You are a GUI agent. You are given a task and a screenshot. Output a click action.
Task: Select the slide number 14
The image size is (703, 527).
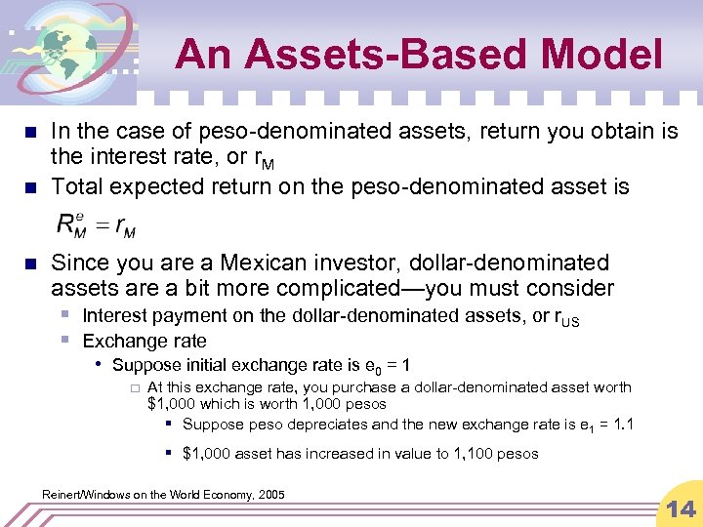click(680, 507)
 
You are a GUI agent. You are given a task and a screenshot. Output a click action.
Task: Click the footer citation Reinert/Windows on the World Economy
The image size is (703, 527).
click(163, 495)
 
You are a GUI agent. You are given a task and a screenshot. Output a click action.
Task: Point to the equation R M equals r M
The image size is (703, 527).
click(97, 226)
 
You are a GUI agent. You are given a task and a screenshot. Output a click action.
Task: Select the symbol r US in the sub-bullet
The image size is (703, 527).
click(566, 317)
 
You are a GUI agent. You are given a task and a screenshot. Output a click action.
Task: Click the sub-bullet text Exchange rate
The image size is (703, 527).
click(145, 341)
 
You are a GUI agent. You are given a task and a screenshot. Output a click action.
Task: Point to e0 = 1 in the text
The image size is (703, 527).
click(393, 366)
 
